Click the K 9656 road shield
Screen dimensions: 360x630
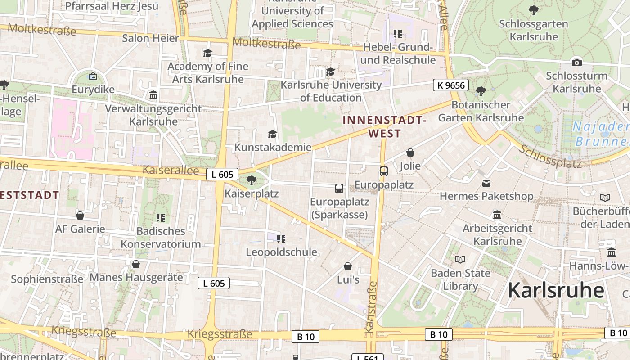tap(451, 85)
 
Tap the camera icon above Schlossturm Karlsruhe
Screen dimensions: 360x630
tap(576, 63)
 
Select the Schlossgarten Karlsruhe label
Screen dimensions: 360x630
tap(534, 30)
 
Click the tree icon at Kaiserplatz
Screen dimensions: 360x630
tap(252, 180)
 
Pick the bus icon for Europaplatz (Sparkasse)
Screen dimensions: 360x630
tap(339, 189)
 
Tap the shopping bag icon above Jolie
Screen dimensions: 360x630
tap(410, 153)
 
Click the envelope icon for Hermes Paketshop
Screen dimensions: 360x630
tap(486, 183)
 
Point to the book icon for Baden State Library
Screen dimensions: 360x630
tap(460, 259)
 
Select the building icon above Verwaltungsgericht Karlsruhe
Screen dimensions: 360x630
tap(153, 95)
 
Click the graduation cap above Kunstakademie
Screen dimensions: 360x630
tap(272, 134)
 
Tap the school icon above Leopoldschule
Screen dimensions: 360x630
tap(281, 238)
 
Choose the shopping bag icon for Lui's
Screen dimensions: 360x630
tap(348, 266)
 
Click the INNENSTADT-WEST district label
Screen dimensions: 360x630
tap(384, 127)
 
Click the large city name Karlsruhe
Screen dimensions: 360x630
tap(556, 290)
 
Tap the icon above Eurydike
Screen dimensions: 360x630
tap(93, 76)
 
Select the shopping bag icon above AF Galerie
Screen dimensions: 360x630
tap(80, 216)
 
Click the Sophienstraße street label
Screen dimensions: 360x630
tap(47, 279)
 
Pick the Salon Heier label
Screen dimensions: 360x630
tap(151, 38)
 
